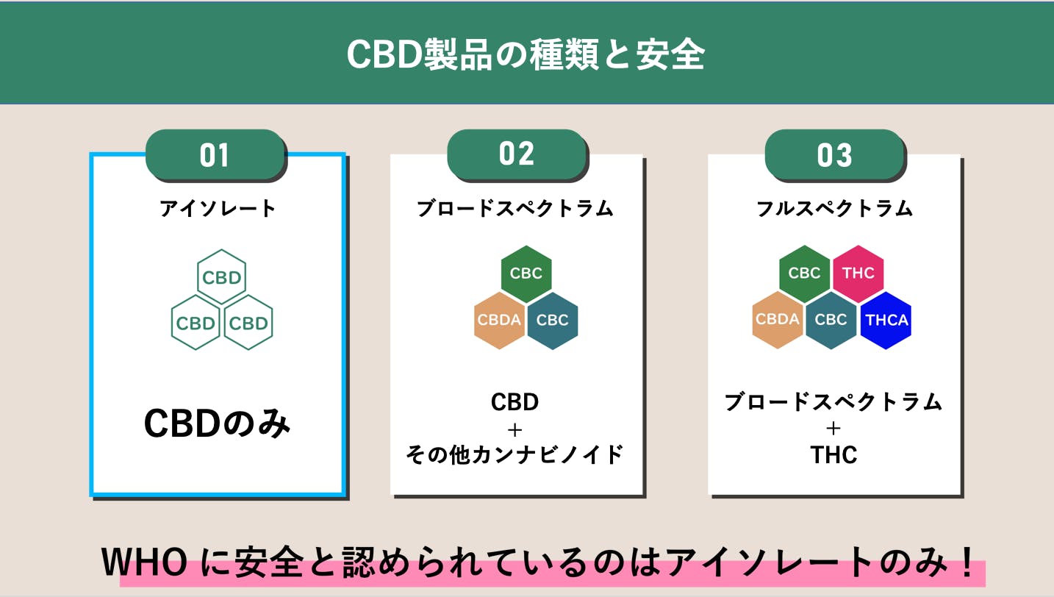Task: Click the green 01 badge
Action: (x=215, y=155)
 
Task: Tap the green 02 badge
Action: (x=517, y=154)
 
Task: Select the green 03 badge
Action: (x=834, y=155)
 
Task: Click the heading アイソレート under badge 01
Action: (x=218, y=209)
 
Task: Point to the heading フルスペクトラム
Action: (x=834, y=209)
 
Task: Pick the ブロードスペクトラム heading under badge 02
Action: (x=515, y=209)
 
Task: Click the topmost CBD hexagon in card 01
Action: (x=221, y=277)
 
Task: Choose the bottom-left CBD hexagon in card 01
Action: (x=196, y=323)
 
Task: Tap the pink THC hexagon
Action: (x=858, y=274)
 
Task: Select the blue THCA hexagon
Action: (x=886, y=320)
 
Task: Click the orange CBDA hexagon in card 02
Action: (x=499, y=320)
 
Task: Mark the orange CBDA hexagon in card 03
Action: (x=777, y=319)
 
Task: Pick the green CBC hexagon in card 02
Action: (x=526, y=274)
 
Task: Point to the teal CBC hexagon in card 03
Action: (x=831, y=319)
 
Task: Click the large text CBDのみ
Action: (x=217, y=423)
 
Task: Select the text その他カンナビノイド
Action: (x=515, y=454)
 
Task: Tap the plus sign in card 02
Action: (x=515, y=429)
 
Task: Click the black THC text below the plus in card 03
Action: (x=834, y=455)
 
